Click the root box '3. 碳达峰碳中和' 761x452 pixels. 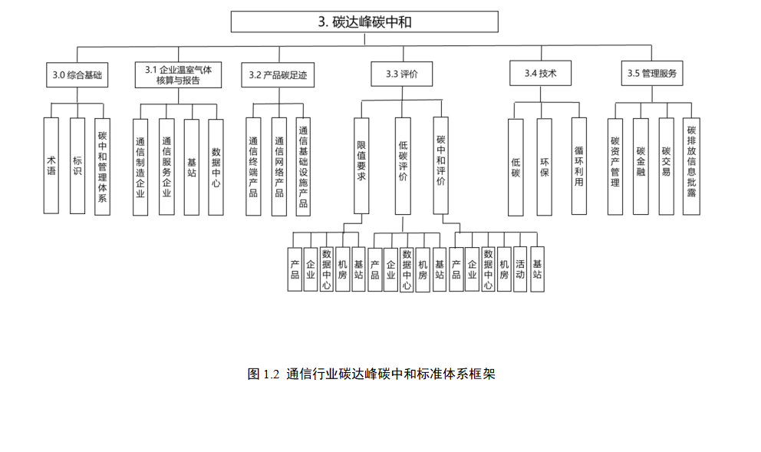[364, 21]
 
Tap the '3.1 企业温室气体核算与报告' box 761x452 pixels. [178, 74]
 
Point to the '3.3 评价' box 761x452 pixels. [401, 74]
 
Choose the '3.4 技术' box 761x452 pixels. [540, 74]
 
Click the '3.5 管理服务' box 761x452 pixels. [651, 74]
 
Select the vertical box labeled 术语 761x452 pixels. [51, 165]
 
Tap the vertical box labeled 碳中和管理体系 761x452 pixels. [102, 165]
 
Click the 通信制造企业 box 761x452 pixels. [140, 167]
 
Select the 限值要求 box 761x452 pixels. [361, 165]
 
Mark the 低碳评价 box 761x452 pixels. [403, 165]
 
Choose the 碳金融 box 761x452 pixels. [641, 166]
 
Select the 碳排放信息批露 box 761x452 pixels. [691, 166]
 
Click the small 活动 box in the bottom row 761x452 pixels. [520, 269]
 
